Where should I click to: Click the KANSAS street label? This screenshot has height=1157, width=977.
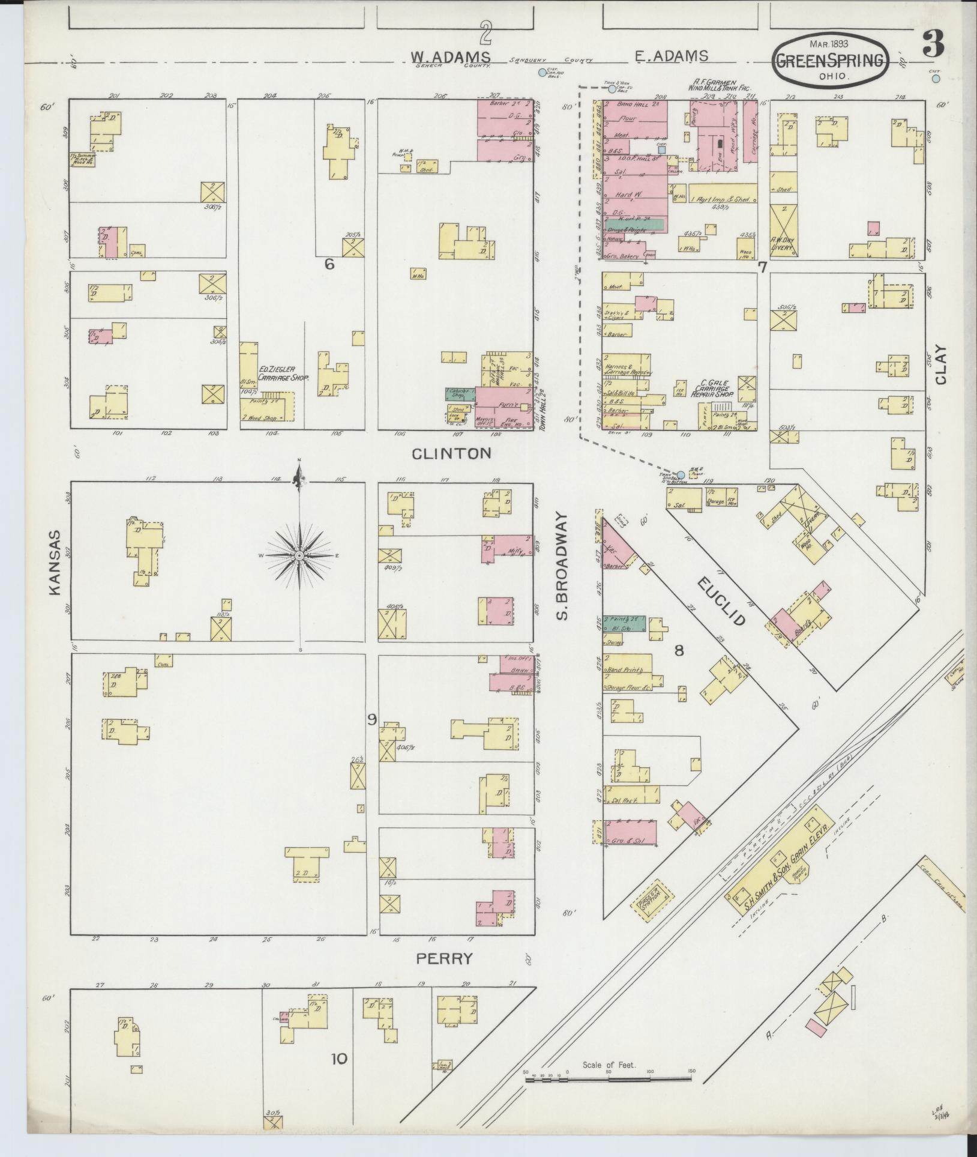pyautogui.click(x=55, y=562)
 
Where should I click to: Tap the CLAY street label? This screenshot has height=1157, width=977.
pyautogui.click(x=939, y=364)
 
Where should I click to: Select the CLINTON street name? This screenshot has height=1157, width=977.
pyautogui.click(x=451, y=453)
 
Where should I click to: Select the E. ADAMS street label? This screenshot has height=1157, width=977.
pyautogui.click(x=671, y=56)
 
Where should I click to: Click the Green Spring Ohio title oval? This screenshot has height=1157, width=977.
pyautogui.click(x=831, y=60)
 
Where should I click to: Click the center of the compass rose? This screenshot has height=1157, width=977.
pyautogui.click(x=299, y=557)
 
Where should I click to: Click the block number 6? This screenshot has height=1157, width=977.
pyautogui.click(x=329, y=264)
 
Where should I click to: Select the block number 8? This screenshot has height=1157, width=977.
pyautogui.click(x=679, y=650)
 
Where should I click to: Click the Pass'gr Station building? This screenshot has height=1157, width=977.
pyautogui.click(x=650, y=914)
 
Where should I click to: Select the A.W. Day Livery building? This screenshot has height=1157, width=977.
pyautogui.click(x=783, y=231)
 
